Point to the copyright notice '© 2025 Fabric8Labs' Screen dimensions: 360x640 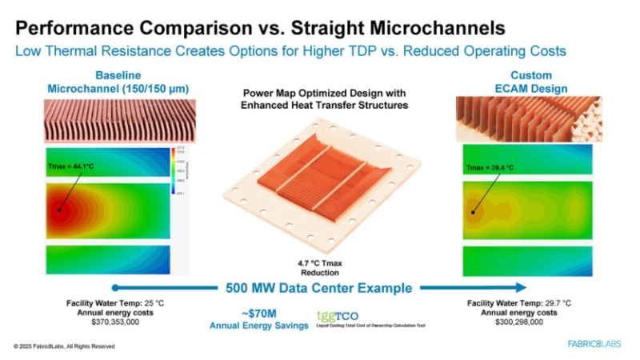coord(64,346)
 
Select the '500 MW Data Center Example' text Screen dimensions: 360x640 coord(318,288)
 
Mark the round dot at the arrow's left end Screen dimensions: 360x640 coord(116,287)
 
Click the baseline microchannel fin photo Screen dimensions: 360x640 coord(108,120)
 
